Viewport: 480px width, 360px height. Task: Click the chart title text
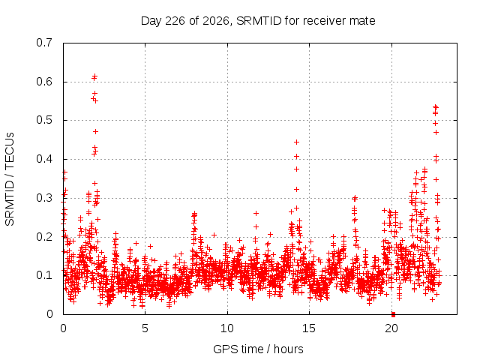[258, 21]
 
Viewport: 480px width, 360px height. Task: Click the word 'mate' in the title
[362, 21]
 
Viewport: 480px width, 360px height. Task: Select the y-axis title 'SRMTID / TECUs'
[10, 179]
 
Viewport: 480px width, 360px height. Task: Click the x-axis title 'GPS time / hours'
[258, 349]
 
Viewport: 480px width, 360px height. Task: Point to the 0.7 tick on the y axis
[44, 43]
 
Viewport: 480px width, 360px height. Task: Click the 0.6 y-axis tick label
[44, 82]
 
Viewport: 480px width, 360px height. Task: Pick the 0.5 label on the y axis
[44, 120]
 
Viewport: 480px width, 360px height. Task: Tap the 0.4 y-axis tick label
[44, 159]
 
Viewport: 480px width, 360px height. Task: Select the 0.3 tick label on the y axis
[44, 198]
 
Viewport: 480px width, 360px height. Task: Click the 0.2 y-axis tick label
[44, 237]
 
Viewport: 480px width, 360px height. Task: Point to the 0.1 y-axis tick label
[44, 275]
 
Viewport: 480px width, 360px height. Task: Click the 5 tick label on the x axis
[145, 328]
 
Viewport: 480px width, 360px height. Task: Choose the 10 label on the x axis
[227, 328]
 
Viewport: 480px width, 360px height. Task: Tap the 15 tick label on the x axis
[309, 328]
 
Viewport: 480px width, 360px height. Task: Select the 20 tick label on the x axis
[391, 328]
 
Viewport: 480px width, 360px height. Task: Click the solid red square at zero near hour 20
[393, 314]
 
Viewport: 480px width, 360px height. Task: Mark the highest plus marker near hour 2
[95, 75]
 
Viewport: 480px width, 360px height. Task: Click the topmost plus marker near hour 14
[296, 142]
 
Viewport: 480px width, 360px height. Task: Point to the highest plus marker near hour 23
[435, 106]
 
